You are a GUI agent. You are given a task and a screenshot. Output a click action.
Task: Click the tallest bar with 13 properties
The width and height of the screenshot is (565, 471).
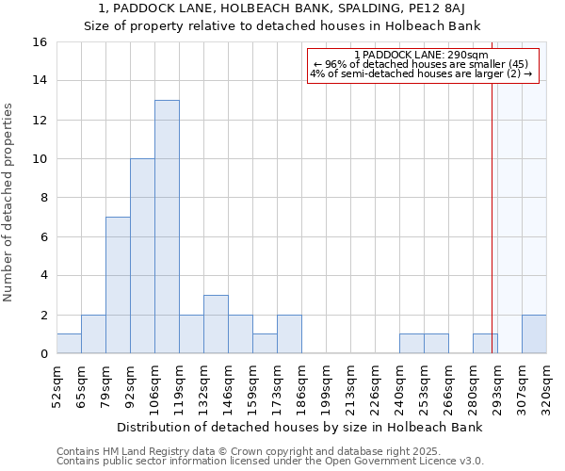click(167, 226)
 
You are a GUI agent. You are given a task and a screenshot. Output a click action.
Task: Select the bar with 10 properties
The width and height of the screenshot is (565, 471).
click(142, 255)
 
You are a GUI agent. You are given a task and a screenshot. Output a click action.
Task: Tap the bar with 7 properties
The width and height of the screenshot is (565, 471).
click(118, 284)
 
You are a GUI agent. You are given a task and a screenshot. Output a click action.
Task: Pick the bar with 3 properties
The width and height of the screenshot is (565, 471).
click(216, 324)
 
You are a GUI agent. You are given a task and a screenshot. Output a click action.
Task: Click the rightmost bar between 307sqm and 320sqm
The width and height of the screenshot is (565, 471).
click(534, 333)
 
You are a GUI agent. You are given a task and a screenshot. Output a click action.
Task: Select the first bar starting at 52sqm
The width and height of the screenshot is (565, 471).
click(69, 343)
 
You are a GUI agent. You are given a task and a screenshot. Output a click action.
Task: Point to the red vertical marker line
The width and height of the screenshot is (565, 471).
click(492, 217)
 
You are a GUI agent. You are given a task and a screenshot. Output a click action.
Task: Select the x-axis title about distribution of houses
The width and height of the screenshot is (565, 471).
click(301, 427)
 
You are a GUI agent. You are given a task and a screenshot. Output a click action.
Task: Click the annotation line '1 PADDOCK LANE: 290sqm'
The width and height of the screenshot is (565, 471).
click(421, 56)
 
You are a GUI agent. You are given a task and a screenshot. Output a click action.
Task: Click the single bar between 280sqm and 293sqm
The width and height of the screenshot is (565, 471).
click(485, 343)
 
